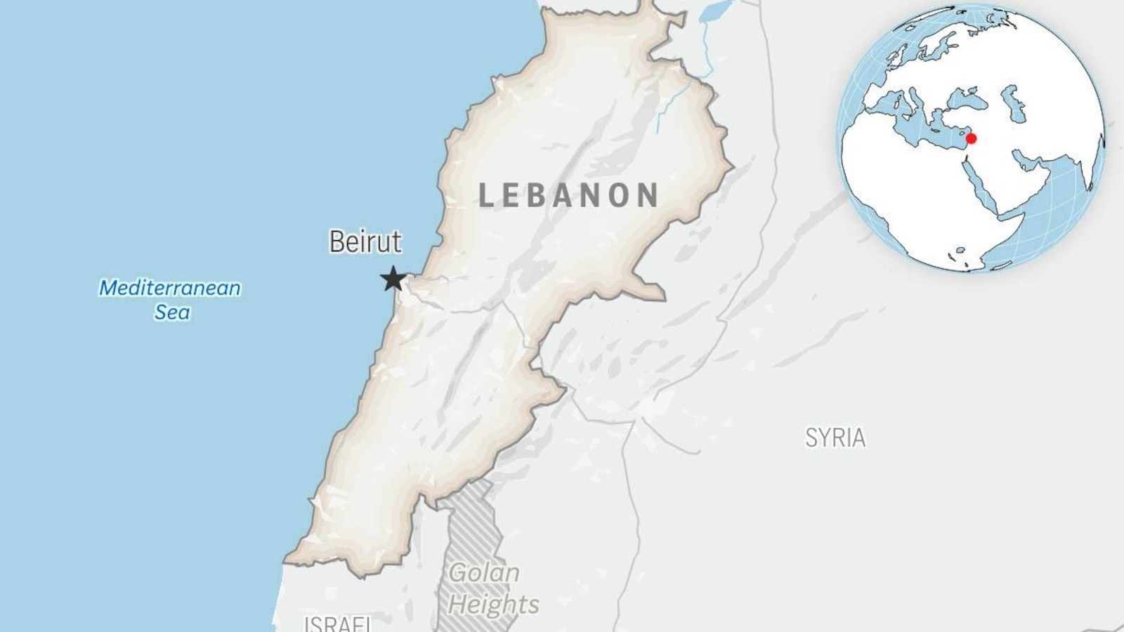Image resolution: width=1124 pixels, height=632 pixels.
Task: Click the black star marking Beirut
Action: (x=393, y=279)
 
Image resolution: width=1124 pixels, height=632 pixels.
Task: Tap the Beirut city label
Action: (x=365, y=242)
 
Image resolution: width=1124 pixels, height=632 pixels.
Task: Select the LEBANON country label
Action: (x=568, y=195)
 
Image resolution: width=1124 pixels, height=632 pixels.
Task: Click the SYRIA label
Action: (x=835, y=437)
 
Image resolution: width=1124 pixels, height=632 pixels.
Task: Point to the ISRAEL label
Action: (x=337, y=623)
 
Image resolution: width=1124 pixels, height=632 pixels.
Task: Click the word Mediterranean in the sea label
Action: (x=170, y=288)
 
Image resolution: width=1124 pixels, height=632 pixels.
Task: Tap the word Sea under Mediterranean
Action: (x=172, y=312)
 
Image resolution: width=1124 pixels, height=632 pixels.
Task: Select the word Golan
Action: (x=484, y=573)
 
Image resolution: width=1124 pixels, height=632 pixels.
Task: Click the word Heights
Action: (x=494, y=604)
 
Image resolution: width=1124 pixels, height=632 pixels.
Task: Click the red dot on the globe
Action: (x=971, y=138)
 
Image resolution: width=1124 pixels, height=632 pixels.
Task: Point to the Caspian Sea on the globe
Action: (x=1014, y=102)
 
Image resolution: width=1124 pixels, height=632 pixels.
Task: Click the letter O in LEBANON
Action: (x=618, y=195)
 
